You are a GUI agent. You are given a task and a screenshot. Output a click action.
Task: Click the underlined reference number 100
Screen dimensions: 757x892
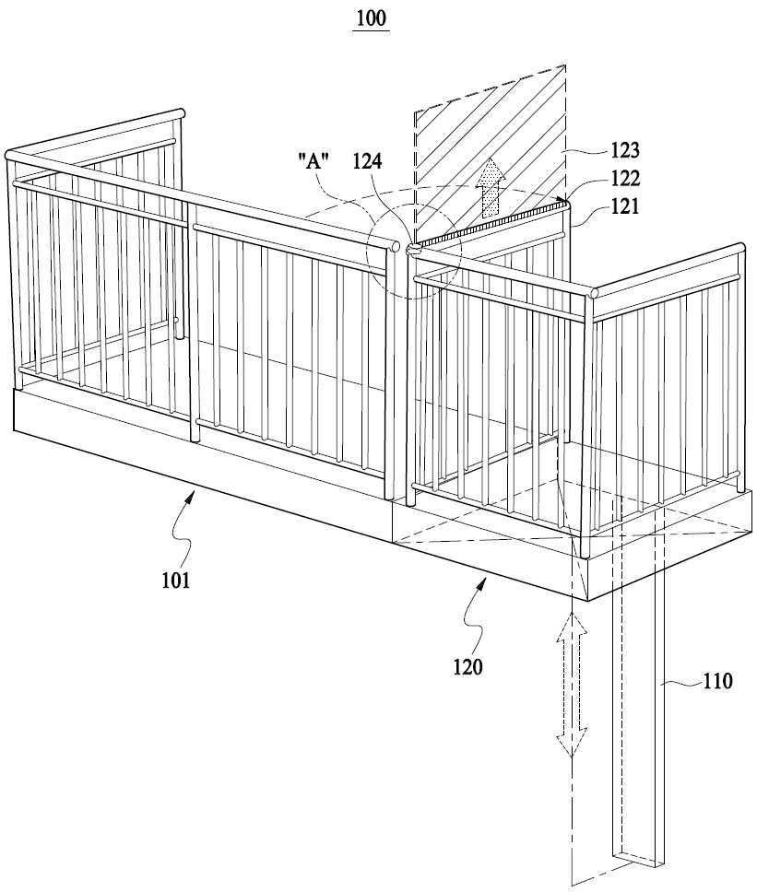tap(371, 18)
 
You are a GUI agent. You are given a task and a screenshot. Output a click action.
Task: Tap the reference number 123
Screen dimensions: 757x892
tap(625, 150)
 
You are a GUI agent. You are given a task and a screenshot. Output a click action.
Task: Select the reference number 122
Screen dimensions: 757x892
tap(625, 179)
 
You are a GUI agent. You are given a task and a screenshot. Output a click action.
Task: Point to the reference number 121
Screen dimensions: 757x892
tap(625, 205)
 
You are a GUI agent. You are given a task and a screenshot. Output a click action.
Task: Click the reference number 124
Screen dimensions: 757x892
tap(367, 161)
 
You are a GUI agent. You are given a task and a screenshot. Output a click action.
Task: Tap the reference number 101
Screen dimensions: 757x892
tap(176, 581)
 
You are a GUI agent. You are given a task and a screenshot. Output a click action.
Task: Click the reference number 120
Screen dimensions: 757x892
tap(467, 666)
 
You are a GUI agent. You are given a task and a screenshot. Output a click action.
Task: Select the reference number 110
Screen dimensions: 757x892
tap(717, 681)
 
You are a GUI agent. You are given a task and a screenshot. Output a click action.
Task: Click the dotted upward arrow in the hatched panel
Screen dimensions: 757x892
tap(490, 188)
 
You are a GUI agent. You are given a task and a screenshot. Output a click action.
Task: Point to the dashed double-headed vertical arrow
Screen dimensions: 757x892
tap(572, 685)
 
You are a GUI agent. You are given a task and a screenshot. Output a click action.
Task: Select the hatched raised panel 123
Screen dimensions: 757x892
tap(490, 154)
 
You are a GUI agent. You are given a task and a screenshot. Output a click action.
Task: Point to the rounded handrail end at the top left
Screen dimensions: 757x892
tap(9, 155)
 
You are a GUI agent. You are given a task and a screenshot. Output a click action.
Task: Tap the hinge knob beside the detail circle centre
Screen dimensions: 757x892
tap(411, 249)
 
